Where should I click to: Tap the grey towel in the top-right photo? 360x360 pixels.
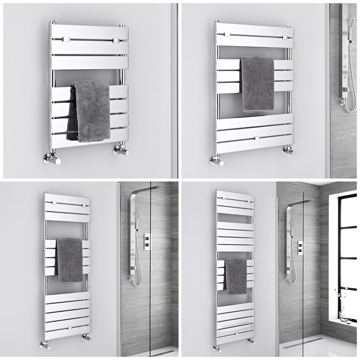(x=257, y=83)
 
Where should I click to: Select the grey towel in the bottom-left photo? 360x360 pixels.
(x=70, y=259)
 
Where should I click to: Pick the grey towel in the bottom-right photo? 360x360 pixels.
(x=236, y=275)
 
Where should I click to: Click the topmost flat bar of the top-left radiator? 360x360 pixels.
(x=89, y=32)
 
